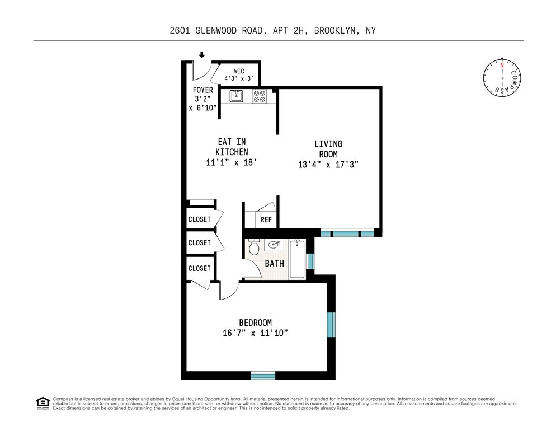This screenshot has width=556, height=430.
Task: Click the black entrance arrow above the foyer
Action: point(202,55)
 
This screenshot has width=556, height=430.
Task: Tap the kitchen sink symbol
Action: point(236,96)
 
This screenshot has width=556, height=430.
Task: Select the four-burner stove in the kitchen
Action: point(259,96)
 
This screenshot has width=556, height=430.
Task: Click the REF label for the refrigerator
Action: point(266,220)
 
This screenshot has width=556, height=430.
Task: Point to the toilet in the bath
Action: point(254,247)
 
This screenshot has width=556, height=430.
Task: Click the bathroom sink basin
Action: point(274,245)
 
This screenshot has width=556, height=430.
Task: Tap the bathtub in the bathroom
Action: point(297,259)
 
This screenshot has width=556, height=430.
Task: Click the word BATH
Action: point(275,264)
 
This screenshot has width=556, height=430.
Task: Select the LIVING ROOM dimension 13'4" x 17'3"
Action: point(328,165)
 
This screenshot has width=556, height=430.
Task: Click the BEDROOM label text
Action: point(255,322)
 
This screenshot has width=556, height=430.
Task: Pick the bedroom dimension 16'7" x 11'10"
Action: point(255,333)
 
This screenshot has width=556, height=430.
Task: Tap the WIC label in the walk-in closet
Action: point(239,71)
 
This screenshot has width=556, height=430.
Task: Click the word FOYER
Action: point(203,90)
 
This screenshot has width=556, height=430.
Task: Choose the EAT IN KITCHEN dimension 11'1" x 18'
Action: point(232,162)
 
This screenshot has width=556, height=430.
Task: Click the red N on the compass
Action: point(502,66)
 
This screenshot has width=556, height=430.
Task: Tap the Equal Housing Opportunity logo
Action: point(43,403)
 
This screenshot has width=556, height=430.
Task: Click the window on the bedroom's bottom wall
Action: point(263,375)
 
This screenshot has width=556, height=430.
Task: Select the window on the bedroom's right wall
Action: point(331,325)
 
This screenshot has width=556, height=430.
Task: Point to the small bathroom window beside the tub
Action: point(310,261)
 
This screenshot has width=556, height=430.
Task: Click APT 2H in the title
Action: point(288,31)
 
